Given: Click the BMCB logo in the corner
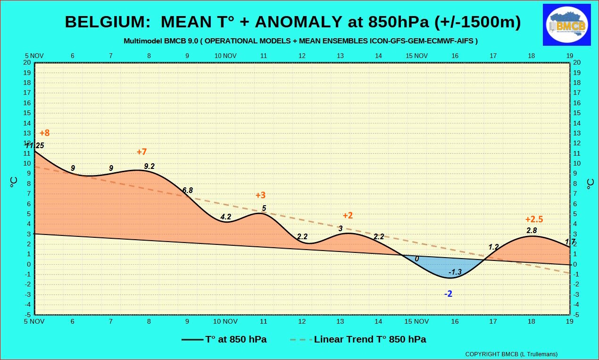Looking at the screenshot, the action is pos(566,25).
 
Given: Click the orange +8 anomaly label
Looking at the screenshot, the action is pos(45,133).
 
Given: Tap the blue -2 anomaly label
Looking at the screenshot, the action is pos(448,293).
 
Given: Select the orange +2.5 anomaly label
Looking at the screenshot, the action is pos(534,219).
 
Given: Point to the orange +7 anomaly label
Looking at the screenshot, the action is pos(141,151).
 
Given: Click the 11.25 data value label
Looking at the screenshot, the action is pos(35,145).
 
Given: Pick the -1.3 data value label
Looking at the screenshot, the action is pos(455,272).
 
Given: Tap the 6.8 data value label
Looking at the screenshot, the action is pos(187,190).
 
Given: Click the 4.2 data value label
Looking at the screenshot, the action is pos(226,217).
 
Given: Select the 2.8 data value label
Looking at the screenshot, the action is pos(532,230).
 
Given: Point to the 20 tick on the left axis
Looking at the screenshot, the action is pos(27,63).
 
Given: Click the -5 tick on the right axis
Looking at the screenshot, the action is pos(576,315).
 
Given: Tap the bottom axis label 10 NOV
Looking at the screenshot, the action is pos(225,321).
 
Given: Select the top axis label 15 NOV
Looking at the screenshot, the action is pos(416,56).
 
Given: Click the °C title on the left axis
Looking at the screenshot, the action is pos(13,183).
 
